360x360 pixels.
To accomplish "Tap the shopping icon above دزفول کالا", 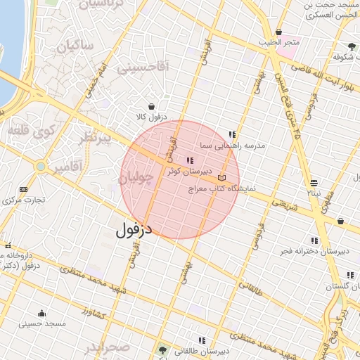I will (x=152, y=107).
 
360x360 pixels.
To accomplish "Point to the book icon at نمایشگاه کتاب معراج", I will (x=222, y=179).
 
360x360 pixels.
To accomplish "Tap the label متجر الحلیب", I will (x=278, y=42).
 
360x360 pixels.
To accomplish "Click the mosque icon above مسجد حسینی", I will (x=41, y=314).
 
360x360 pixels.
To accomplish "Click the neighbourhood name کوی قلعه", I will (x=30, y=130).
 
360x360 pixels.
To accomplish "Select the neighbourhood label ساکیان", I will (x=70, y=49).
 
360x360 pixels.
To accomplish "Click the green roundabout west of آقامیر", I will (x=41, y=167).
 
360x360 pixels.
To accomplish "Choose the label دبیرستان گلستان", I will (x=341, y=286).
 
